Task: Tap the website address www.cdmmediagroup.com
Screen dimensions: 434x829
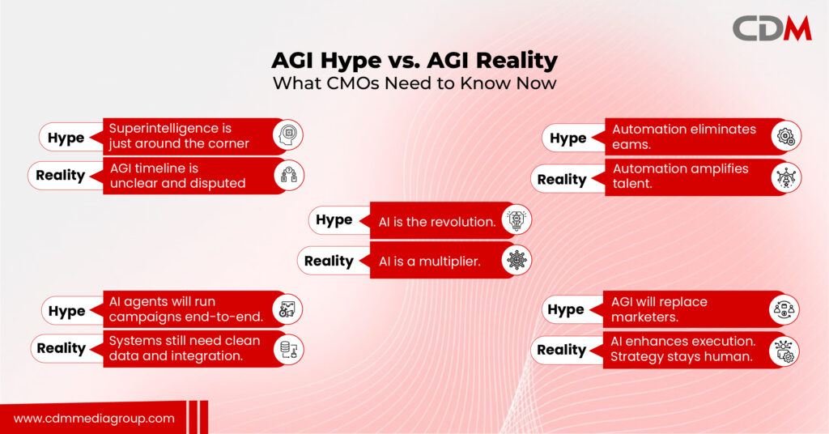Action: click(94, 418)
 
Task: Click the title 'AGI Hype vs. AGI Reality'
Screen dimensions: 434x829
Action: click(414, 62)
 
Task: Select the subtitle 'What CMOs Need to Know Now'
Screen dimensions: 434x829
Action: click(414, 83)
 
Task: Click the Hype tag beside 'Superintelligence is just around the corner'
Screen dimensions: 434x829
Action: click(66, 137)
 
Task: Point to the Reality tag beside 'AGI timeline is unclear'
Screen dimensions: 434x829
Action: click(61, 175)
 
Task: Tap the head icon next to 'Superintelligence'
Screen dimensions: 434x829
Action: click(287, 135)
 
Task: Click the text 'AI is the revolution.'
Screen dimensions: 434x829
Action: click(437, 221)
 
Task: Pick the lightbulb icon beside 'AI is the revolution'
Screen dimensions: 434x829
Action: click(516, 220)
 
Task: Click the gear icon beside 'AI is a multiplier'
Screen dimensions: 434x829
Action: click(516, 260)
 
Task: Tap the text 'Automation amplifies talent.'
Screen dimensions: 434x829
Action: click(680, 177)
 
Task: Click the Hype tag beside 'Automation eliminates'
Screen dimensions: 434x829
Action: click(568, 138)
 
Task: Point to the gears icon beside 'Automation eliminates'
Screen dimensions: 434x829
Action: click(785, 137)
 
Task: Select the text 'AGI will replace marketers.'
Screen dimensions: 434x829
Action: click(659, 309)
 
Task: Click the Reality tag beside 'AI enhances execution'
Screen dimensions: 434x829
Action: click(561, 350)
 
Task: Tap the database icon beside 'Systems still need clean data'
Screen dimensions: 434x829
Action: click(287, 349)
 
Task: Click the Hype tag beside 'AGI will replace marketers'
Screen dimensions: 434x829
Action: click(566, 309)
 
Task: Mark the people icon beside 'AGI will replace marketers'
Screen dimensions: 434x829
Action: click(784, 308)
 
